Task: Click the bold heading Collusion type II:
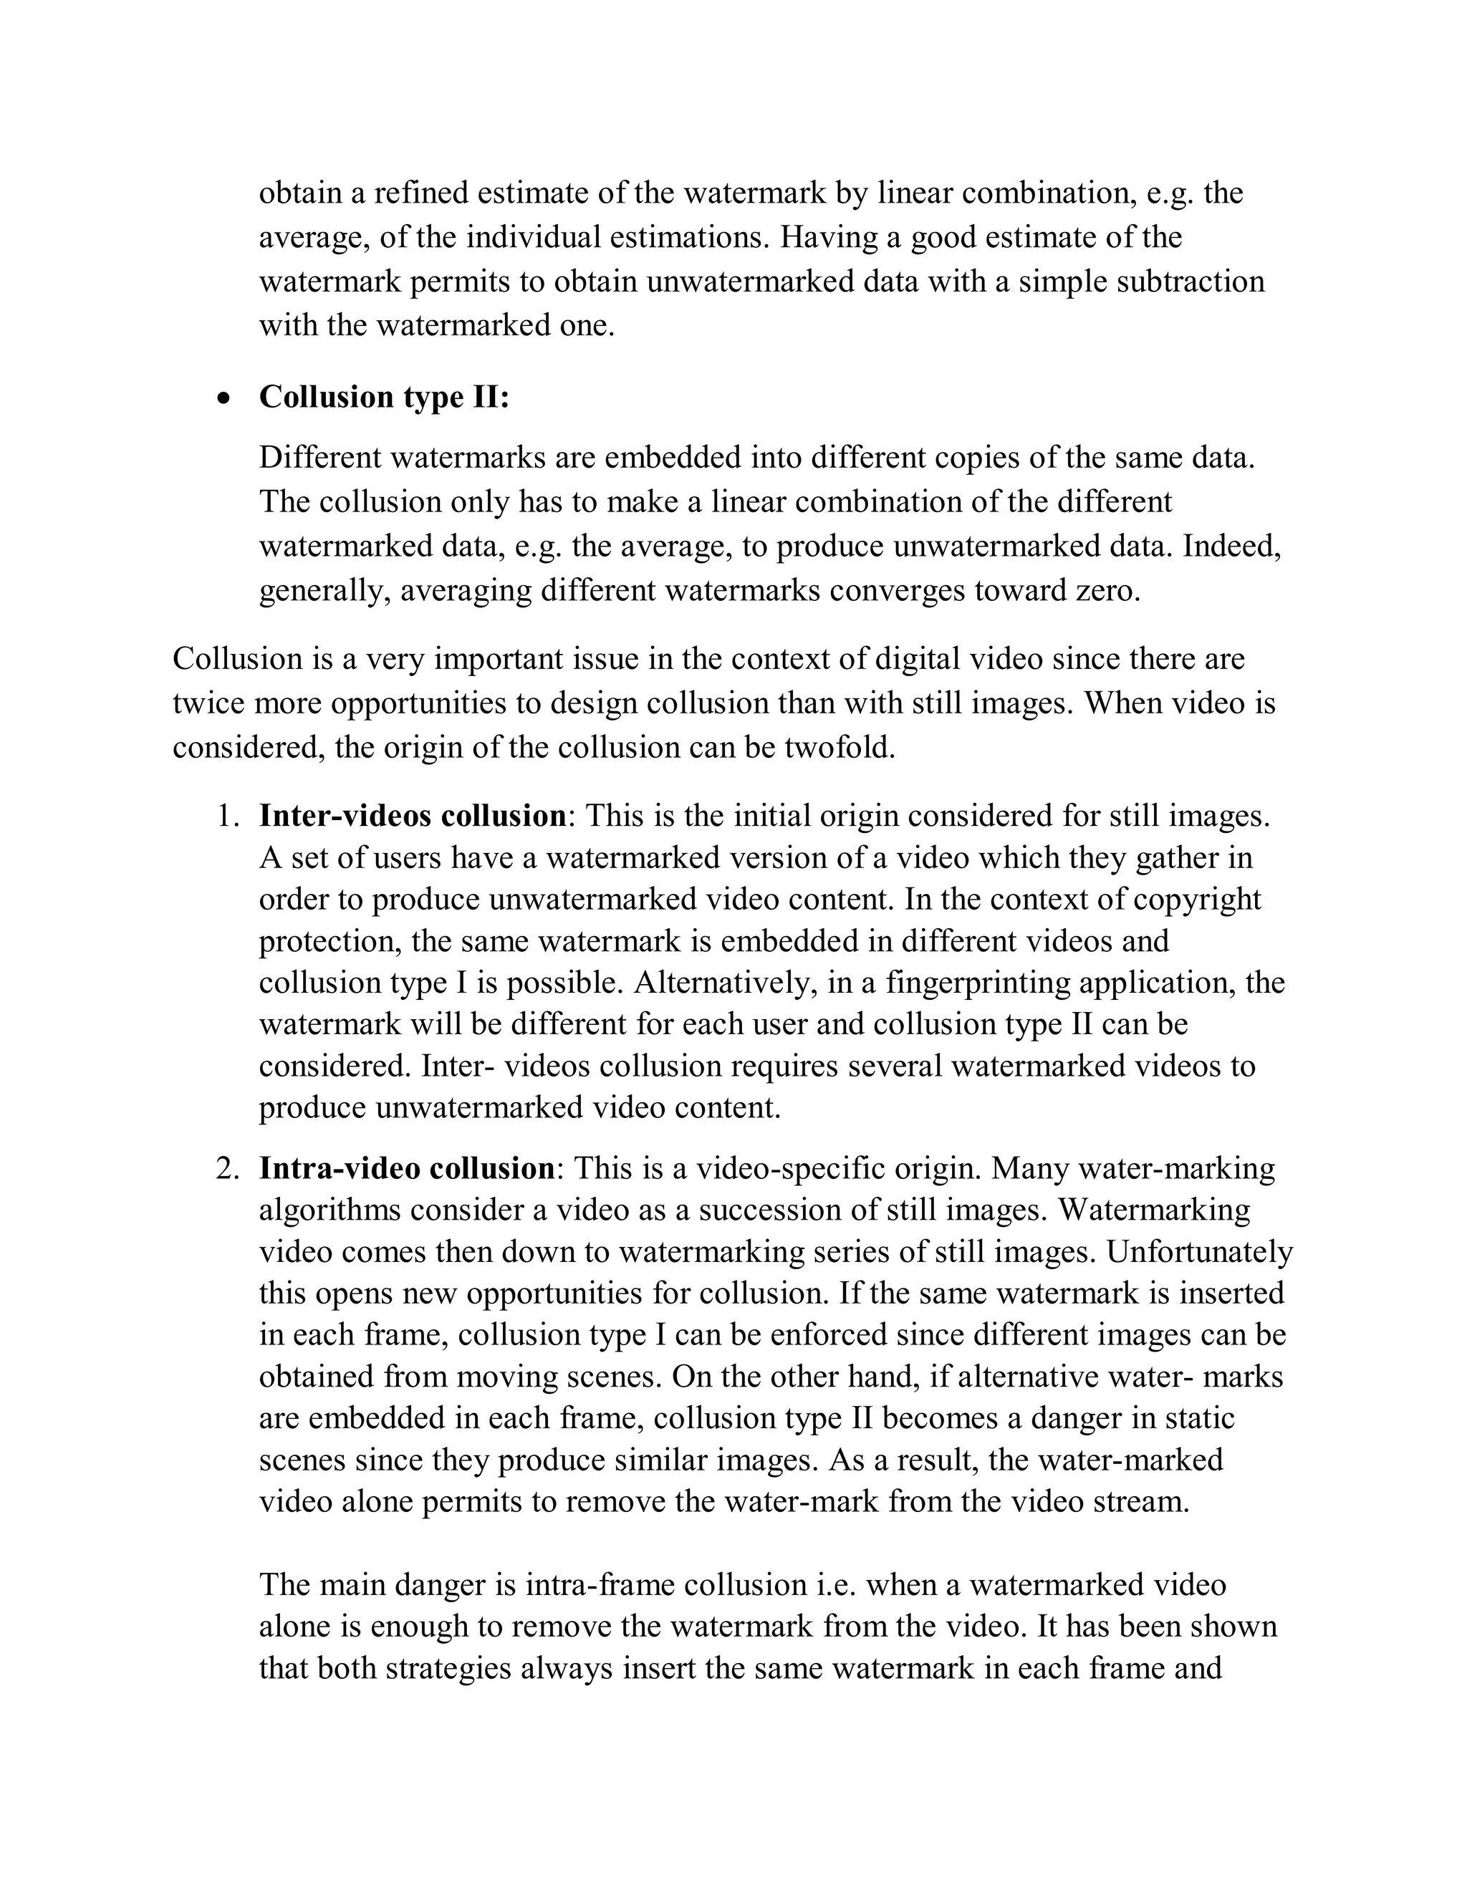(x=384, y=398)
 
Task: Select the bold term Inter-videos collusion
(x=413, y=816)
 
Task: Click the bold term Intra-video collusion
(x=407, y=1168)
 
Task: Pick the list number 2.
(x=227, y=1169)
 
